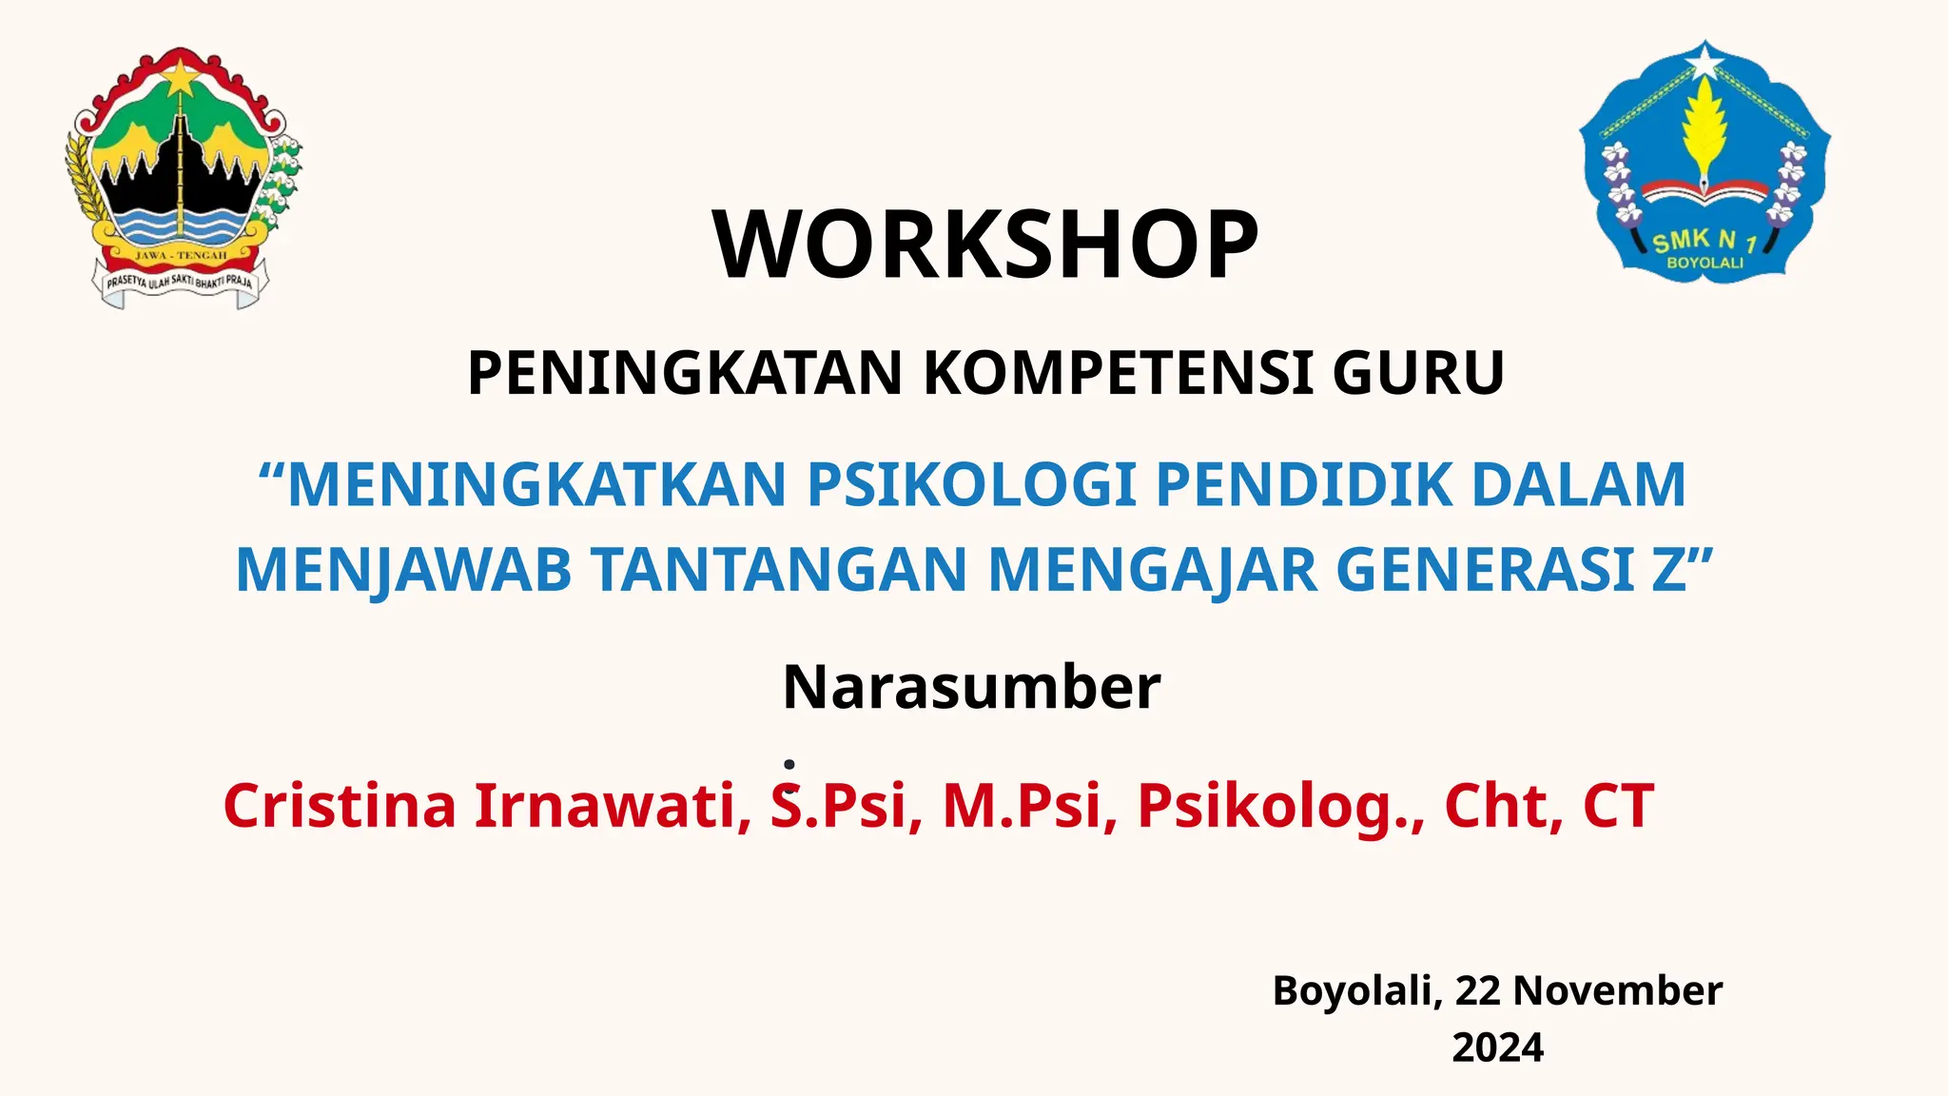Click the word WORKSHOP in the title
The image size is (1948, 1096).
(985, 245)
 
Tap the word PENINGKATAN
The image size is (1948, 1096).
(684, 373)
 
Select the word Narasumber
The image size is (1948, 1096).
(971, 687)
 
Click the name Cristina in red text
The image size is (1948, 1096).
(340, 806)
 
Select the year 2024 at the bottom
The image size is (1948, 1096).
(1497, 1047)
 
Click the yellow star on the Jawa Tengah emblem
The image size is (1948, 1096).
(181, 77)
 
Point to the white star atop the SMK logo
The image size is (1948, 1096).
(1705, 63)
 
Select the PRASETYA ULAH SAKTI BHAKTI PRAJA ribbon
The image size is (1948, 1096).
(180, 283)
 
